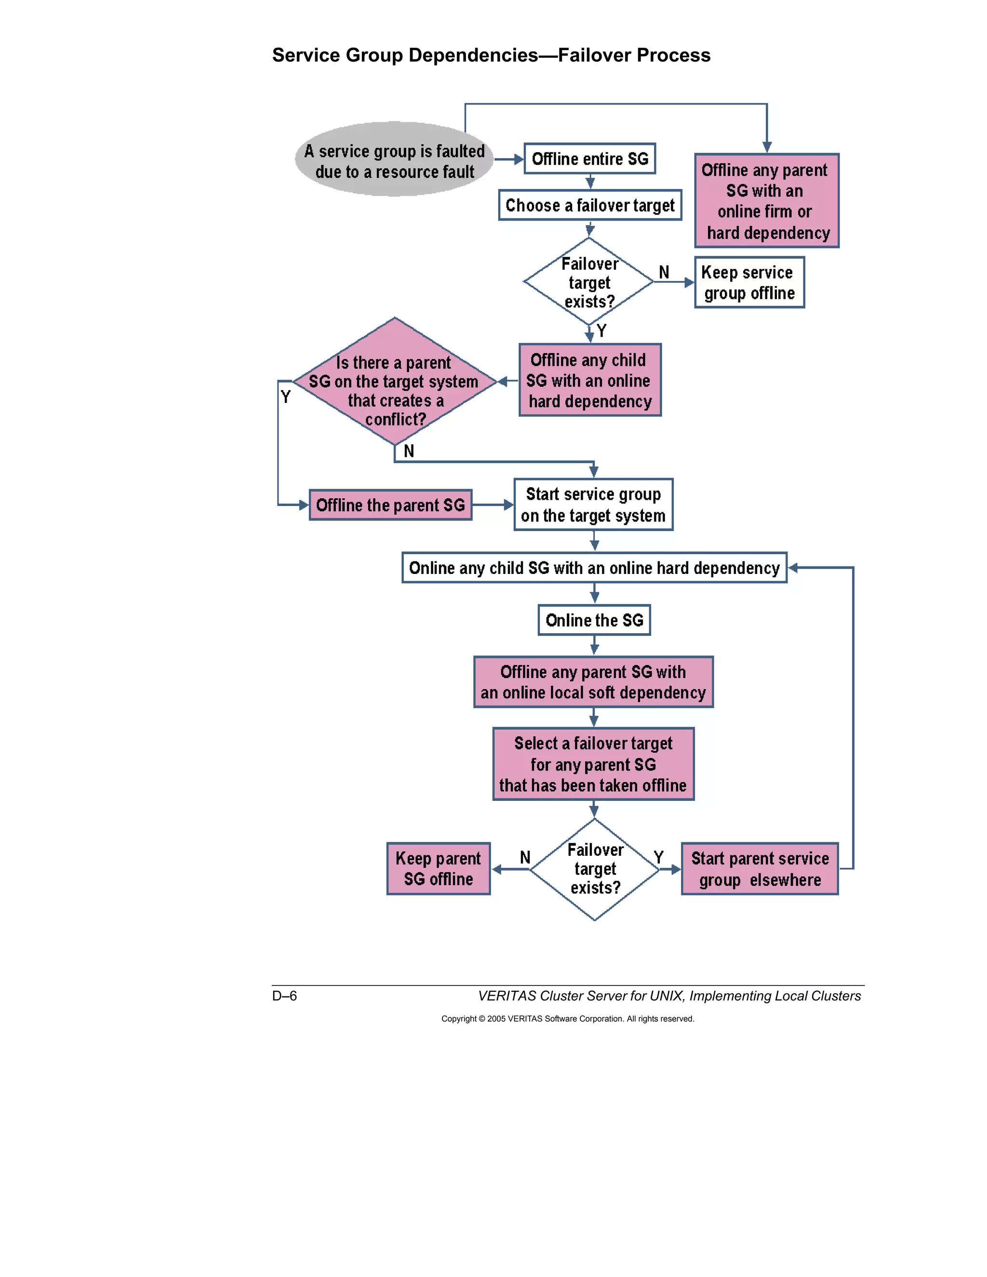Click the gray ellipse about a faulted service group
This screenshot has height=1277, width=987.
(394, 159)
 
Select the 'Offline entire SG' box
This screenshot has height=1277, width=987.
(589, 159)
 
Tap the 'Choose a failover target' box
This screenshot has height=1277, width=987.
(589, 205)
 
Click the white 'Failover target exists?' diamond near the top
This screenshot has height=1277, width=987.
(589, 282)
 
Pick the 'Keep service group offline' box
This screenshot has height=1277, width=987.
(749, 282)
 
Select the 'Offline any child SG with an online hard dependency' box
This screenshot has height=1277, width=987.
(589, 380)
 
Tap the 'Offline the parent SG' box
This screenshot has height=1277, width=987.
(390, 505)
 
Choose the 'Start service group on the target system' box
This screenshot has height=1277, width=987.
(593, 505)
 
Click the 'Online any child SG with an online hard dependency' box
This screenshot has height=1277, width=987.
(594, 568)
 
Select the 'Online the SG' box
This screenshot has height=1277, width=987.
(594, 620)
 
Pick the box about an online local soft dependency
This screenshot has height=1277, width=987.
(593, 682)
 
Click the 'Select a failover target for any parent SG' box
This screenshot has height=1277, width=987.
(593, 764)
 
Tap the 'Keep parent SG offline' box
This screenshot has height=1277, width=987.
(438, 868)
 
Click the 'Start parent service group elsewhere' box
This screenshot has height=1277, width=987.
(759, 868)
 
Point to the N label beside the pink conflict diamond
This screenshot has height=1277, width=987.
(409, 451)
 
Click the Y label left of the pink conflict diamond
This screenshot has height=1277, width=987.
(285, 397)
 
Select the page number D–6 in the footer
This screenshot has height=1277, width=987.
(284, 996)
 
